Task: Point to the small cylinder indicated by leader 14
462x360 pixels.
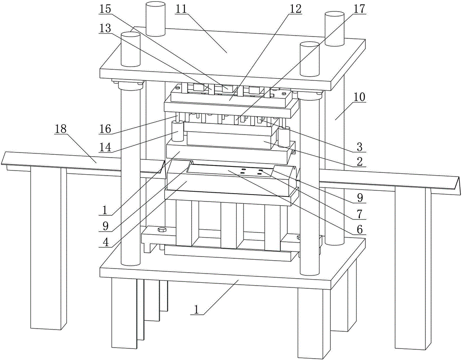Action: click(176, 131)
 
